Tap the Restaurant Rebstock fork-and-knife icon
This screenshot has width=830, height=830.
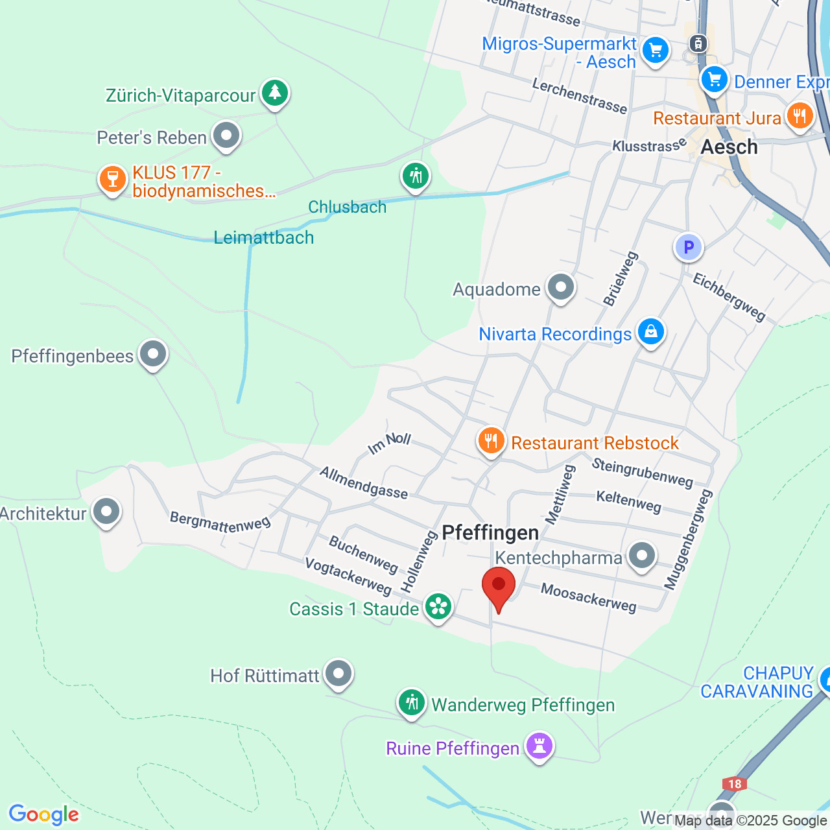(x=492, y=441)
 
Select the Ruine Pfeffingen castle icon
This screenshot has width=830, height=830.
(x=539, y=746)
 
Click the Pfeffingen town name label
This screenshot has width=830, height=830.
(x=490, y=533)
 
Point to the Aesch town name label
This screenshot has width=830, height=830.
(x=729, y=147)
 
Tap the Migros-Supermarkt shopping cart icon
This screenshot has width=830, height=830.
(x=655, y=50)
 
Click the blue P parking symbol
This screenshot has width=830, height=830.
(x=688, y=247)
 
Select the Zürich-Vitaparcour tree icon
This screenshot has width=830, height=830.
(x=275, y=93)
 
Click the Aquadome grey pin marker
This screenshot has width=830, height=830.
(x=561, y=287)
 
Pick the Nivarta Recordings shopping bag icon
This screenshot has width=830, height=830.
(x=650, y=332)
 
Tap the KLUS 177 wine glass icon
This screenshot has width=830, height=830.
(x=112, y=179)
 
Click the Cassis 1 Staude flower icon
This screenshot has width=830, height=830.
(x=438, y=607)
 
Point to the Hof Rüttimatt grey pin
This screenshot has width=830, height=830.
(x=338, y=674)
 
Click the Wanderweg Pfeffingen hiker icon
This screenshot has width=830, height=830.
(x=412, y=702)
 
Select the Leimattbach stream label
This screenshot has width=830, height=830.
(x=264, y=238)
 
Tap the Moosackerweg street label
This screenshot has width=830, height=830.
(x=588, y=597)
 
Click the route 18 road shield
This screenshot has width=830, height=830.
(x=734, y=784)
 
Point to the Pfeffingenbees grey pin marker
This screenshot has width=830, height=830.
(x=153, y=354)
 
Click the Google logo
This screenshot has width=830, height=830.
(x=44, y=814)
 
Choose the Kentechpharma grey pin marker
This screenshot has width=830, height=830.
(x=642, y=556)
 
